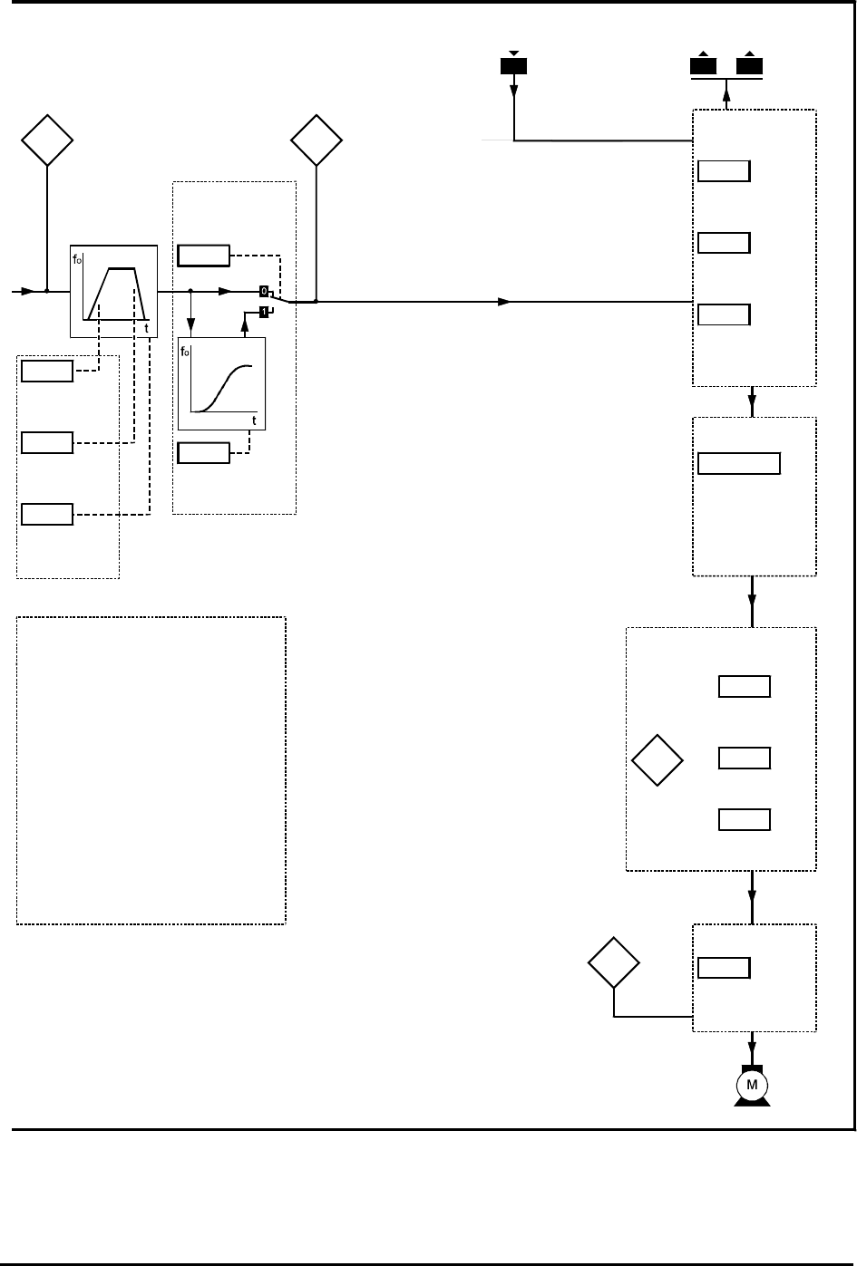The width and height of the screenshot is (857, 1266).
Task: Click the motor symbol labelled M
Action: [751, 1085]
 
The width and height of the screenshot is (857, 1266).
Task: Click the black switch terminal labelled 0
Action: [264, 291]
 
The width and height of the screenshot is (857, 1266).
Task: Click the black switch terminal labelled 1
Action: [264, 312]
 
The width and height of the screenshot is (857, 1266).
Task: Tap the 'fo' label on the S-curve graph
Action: [185, 349]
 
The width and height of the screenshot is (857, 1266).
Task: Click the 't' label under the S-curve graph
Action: [254, 420]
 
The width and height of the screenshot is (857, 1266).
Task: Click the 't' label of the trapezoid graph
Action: [147, 328]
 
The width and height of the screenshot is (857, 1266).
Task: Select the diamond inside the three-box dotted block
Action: [657, 760]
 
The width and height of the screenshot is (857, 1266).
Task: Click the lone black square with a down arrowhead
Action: [514, 66]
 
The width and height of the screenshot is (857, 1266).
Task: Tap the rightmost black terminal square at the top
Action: [750, 66]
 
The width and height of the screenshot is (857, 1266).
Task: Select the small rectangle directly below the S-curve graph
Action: [203, 452]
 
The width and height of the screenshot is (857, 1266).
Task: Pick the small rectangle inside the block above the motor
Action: [724, 968]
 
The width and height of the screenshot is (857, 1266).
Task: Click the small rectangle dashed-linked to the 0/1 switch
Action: [203, 256]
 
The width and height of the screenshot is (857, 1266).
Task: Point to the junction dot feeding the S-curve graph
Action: [190, 292]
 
